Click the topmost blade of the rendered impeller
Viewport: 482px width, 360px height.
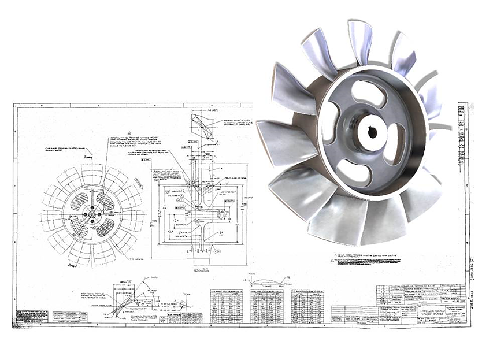(x=359, y=40)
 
